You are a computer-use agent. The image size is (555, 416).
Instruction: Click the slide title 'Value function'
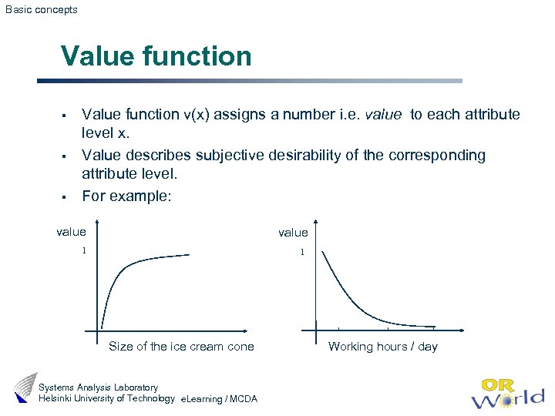point(156,56)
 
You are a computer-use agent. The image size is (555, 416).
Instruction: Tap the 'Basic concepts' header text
point(42,10)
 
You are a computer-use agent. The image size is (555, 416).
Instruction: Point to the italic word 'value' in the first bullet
point(383,115)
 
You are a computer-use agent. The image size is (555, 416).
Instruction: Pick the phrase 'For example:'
point(126,196)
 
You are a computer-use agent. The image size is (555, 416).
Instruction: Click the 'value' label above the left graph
point(72,232)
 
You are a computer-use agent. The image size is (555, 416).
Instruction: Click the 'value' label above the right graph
point(293,233)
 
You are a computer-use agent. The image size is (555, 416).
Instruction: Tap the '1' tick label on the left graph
point(85,251)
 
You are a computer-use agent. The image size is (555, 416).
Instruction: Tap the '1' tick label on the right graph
point(302,252)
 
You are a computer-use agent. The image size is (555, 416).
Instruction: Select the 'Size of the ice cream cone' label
point(181,347)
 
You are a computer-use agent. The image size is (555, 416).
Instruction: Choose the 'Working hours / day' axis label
point(382,347)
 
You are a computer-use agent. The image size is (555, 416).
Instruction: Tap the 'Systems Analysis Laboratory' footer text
point(98,387)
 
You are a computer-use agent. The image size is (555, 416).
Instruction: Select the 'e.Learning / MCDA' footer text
point(218,399)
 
